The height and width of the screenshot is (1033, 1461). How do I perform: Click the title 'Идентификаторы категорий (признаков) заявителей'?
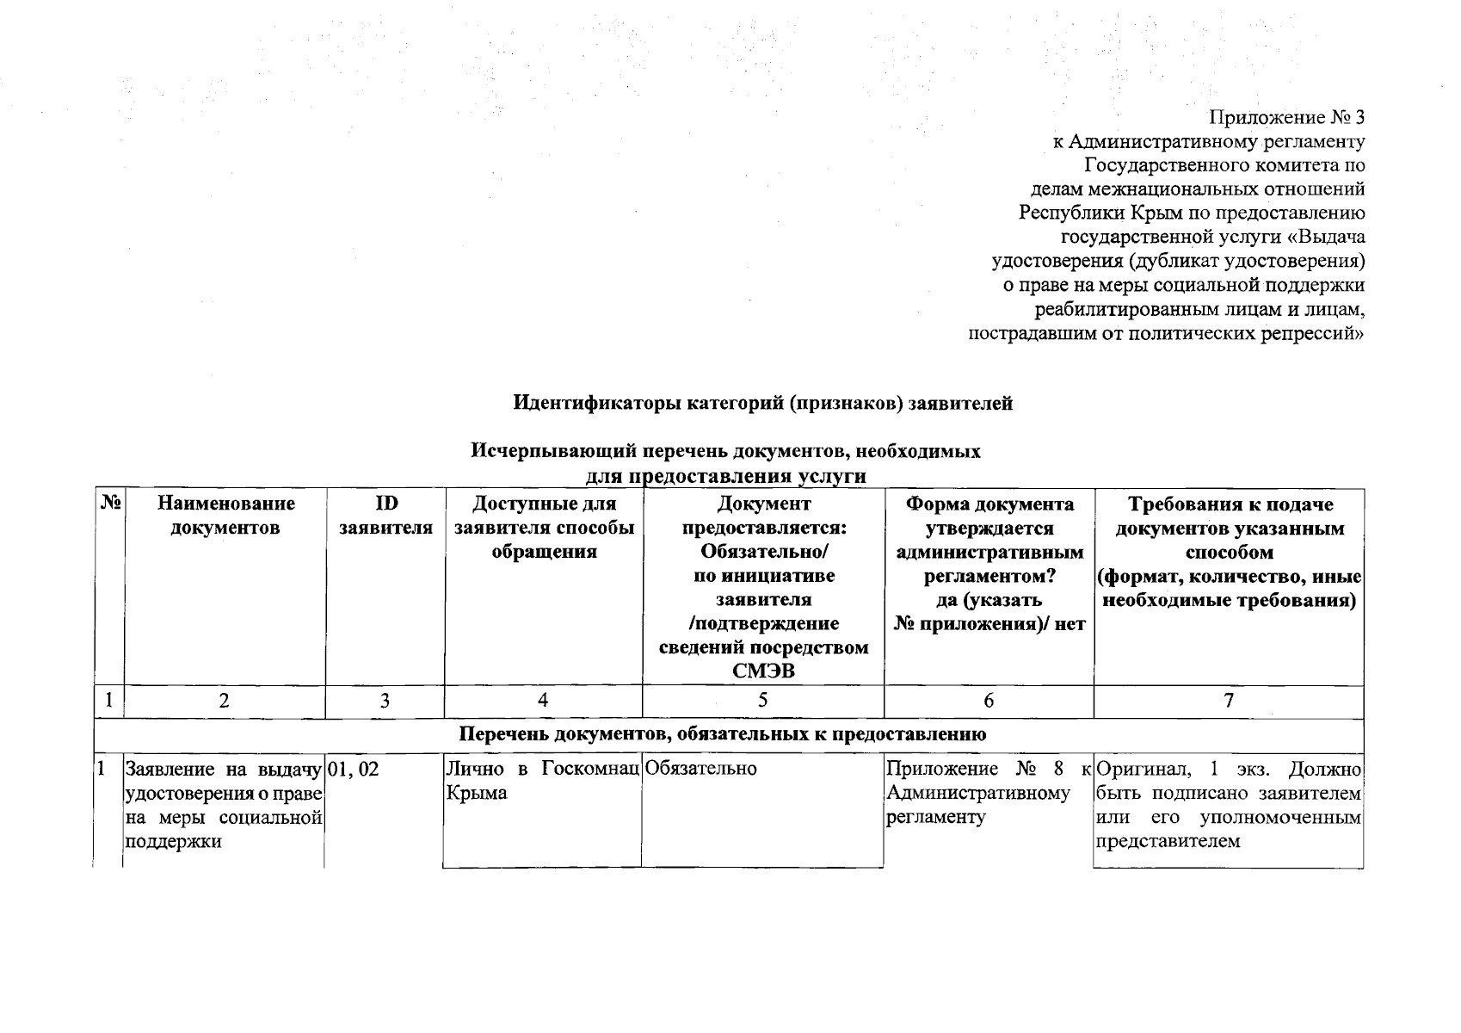point(762,403)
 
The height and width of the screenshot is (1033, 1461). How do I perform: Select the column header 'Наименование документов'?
point(225,516)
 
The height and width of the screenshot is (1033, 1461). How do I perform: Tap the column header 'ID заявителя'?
point(385,516)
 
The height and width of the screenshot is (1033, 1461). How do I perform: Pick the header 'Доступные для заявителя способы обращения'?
point(544,528)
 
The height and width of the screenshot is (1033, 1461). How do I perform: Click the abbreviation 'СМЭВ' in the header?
point(763,671)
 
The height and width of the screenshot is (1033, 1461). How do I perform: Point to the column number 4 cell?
point(543,702)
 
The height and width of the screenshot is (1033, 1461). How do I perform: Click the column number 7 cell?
point(1228,702)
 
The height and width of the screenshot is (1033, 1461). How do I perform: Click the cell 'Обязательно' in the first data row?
point(701,770)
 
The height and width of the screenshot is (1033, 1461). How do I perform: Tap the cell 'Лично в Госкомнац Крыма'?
point(542,781)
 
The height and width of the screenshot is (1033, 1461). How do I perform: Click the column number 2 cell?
point(224,702)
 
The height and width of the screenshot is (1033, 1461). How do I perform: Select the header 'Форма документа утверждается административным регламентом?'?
point(989,540)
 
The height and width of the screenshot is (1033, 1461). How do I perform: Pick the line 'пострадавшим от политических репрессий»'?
point(1166,333)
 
